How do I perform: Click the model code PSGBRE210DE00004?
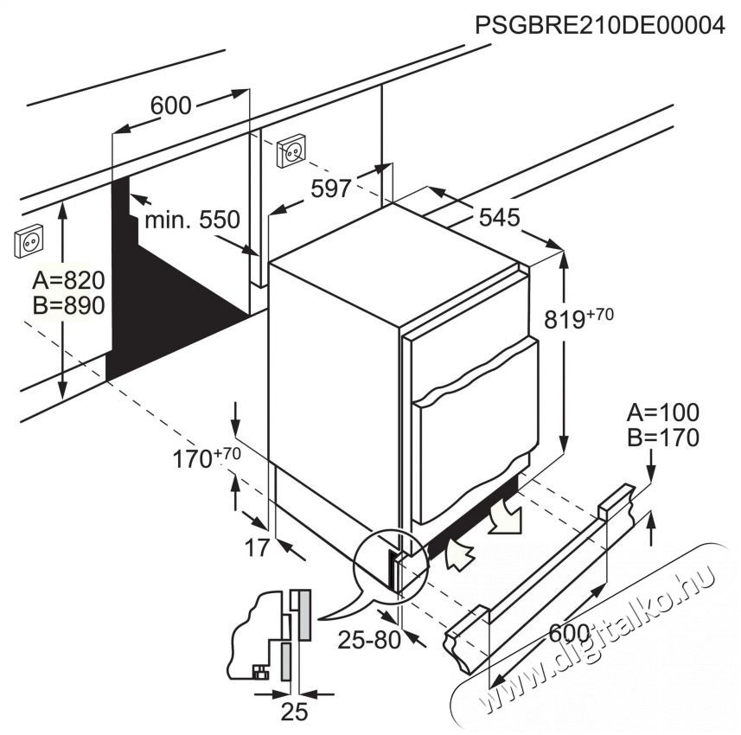pyautogui.click(x=599, y=26)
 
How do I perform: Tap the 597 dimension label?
pyautogui.click(x=330, y=188)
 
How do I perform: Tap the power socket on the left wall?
pyautogui.click(x=27, y=243)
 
